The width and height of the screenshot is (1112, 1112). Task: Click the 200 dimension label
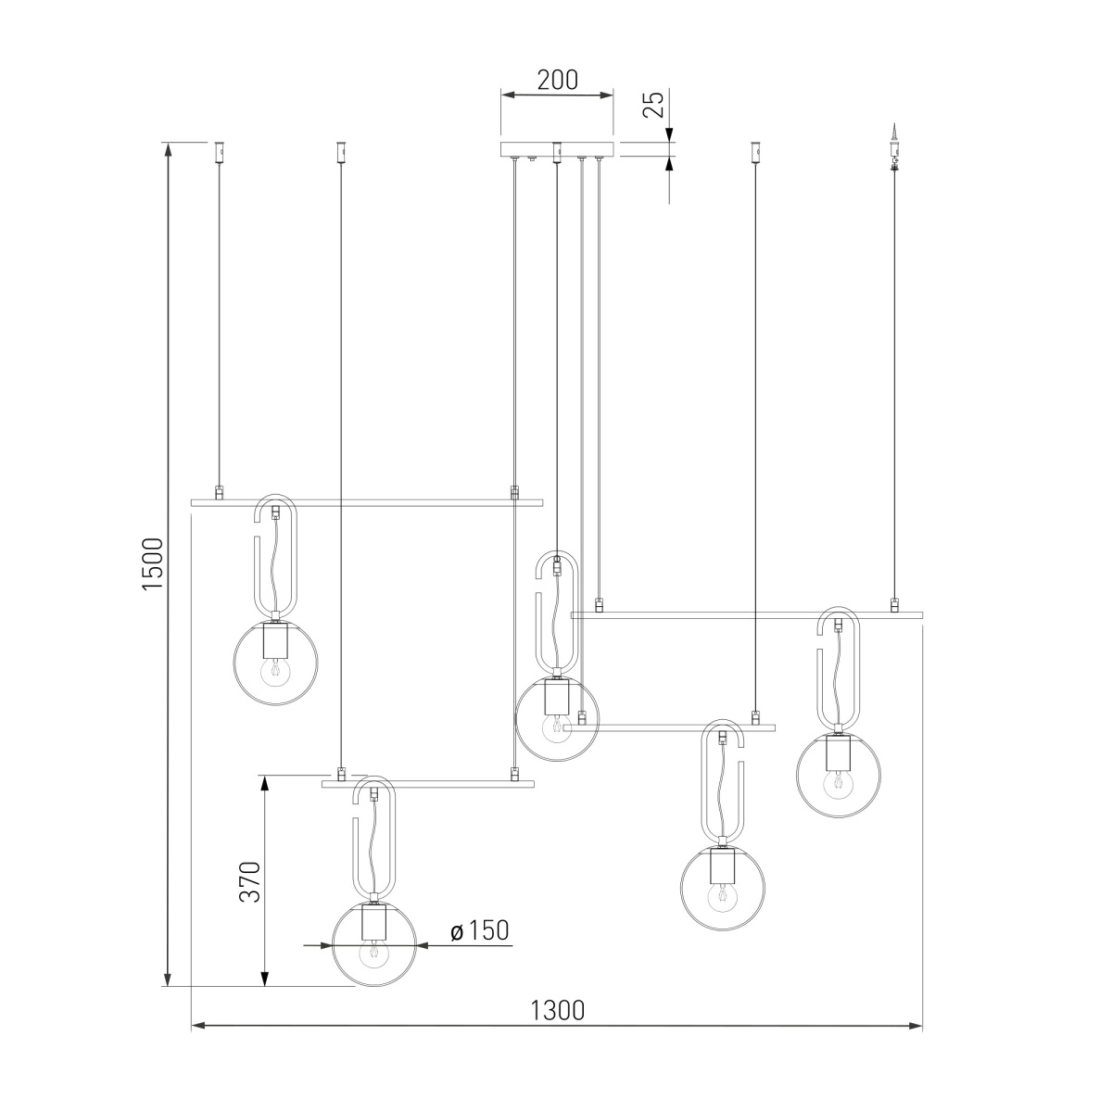tap(557, 81)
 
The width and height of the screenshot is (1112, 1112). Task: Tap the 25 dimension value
tap(654, 105)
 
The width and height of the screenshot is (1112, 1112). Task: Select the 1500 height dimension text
tap(153, 563)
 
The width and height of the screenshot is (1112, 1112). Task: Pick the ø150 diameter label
tap(479, 930)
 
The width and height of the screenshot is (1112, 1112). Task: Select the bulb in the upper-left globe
tap(275, 672)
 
